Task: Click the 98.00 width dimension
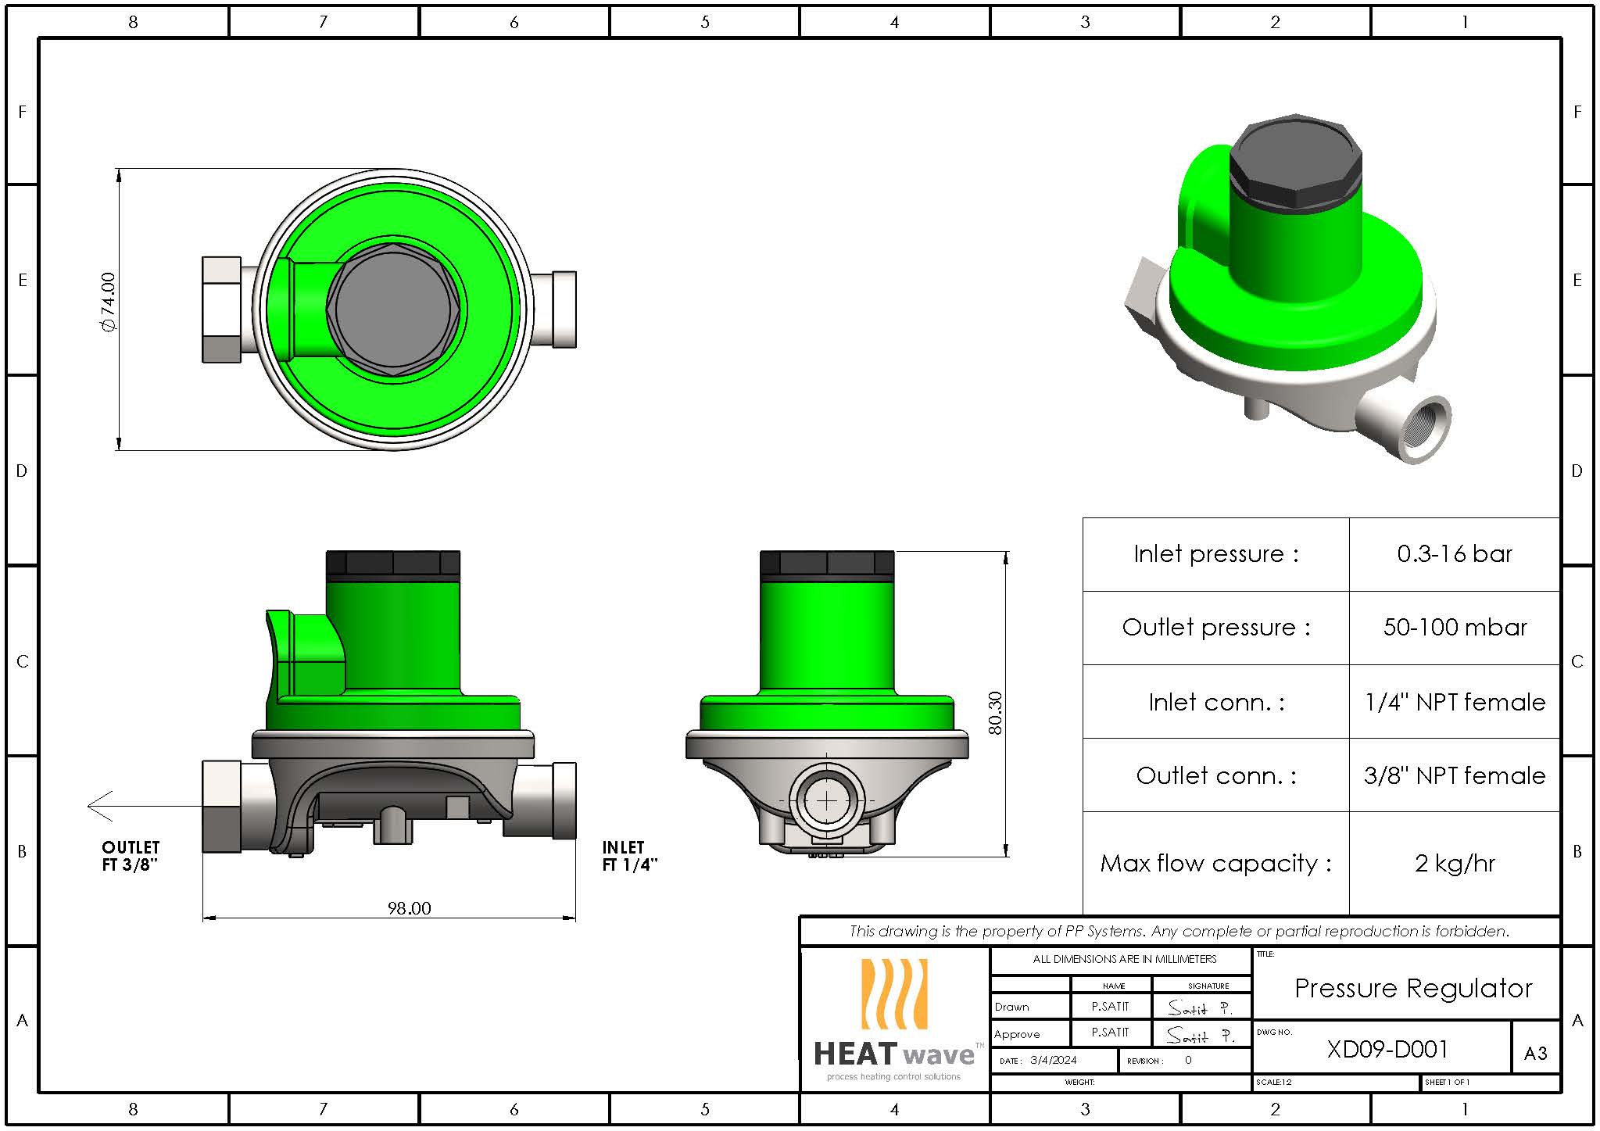pyautogui.click(x=409, y=908)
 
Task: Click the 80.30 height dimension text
pyautogui.click(x=994, y=713)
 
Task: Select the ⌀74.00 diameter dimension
pyautogui.click(x=108, y=302)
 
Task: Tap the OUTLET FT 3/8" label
pyautogui.click(x=131, y=856)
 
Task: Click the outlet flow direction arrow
pyautogui.click(x=102, y=806)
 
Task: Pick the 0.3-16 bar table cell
pyautogui.click(x=1454, y=554)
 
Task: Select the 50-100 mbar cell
pyautogui.click(x=1454, y=628)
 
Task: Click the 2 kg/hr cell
pyautogui.click(x=1454, y=864)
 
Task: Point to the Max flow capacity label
pyautogui.click(x=1215, y=864)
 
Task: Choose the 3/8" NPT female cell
pyautogui.click(x=1454, y=775)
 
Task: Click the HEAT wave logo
pyautogui.click(x=894, y=1020)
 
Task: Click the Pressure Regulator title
pyautogui.click(x=1412, y=988)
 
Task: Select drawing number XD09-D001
pyautogui.click(x=1387, y=1049)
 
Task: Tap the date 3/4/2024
pyautogui.click(x=1053, y=1061)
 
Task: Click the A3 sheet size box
pyautogui.click(x=1535, y=1054)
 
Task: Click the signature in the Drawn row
pyautogui.click(x=1200, y=1008)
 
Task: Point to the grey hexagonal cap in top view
pyautogui.click(x=393, y=310)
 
